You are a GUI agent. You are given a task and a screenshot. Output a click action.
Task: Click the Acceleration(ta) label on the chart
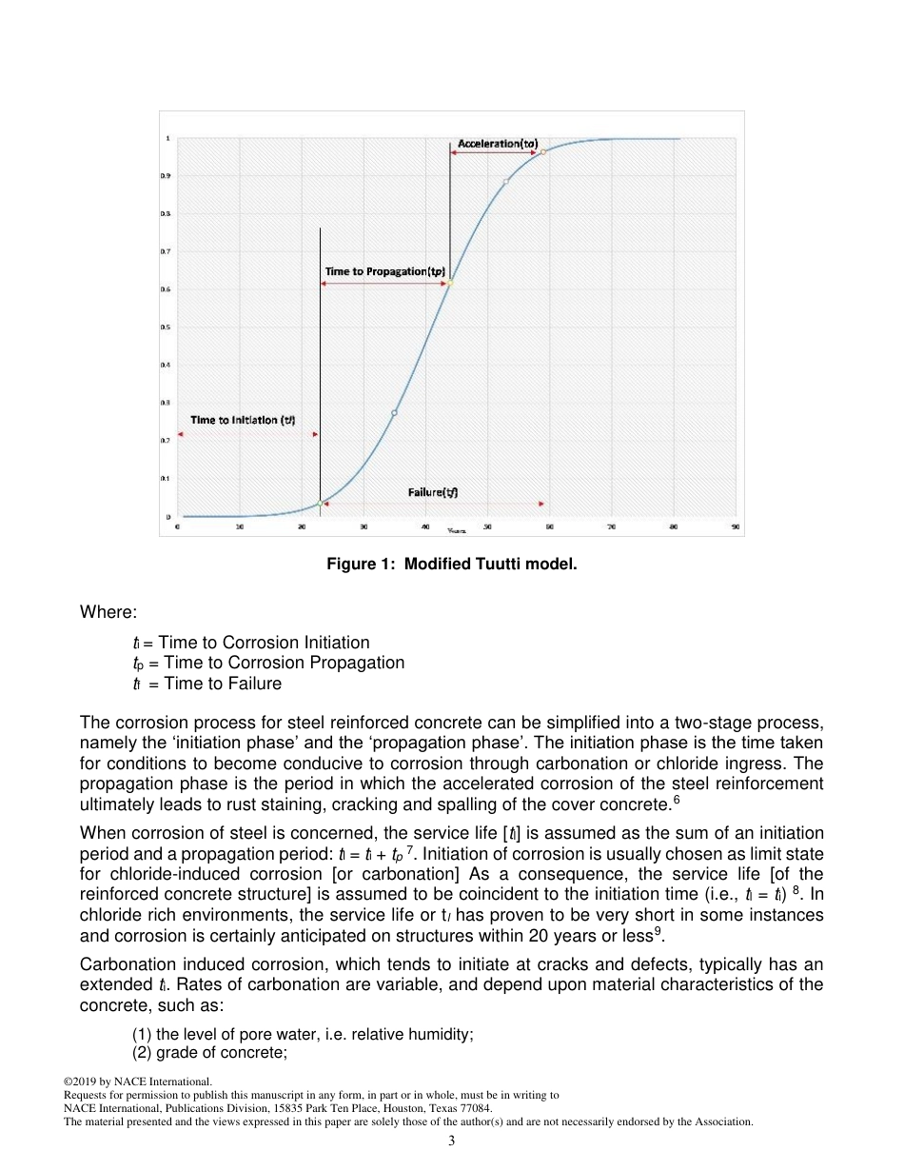(x=498, y=143)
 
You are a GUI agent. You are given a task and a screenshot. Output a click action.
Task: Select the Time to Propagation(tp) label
(x=385, y=271)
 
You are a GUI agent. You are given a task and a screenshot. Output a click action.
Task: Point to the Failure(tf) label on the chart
(x=433, y=492)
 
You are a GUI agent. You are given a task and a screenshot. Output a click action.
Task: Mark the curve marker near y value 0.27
(x=394, y=412)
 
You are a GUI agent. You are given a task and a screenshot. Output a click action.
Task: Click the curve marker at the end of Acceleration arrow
(x=542, y=151)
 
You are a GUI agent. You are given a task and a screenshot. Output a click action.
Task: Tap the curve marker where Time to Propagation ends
(x=450, y=283)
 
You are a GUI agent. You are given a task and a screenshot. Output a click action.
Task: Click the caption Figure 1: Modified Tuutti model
(x=452, y=565)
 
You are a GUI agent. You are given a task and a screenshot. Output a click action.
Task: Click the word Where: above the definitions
(x=108, y=612)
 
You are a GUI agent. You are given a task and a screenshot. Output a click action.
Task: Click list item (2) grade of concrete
(x=209, y=1053)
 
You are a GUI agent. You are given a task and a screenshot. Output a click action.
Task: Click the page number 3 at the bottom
(x=452, y=1141)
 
